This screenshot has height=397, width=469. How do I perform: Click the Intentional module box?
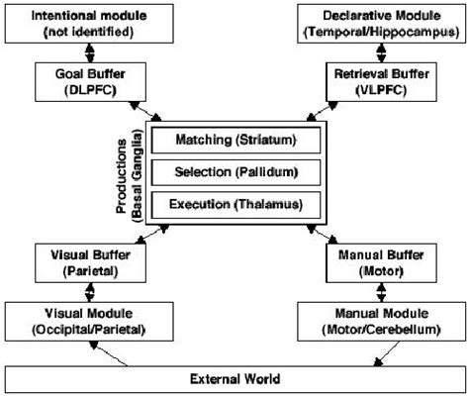click(x=89, y=24)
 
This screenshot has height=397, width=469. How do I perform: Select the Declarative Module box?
click(x=381, y=24)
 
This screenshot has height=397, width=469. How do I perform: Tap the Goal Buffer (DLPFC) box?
click(x=90, y=82)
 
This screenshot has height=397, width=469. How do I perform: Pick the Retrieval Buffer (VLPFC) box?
click(x=381, y=82)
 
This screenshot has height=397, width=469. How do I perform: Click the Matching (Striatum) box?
click(x=235, y=141)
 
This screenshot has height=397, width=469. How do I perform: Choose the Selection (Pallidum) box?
click(x=235, y=172)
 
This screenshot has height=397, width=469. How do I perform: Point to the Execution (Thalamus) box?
click(x=235, y=205)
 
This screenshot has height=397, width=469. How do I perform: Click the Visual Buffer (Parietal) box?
click(x=90, y=263)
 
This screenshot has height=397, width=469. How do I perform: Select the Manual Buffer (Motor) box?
click(x=381, y=263)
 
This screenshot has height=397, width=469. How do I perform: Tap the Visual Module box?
click(x=89, y=322)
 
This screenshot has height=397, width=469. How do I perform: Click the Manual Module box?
click(x=381, y=322)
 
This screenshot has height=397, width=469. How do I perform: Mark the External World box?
click(x=235, y=379)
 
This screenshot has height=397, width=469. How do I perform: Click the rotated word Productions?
click(x=122, y=176)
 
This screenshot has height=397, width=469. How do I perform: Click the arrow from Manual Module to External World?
click(x=387, y=353)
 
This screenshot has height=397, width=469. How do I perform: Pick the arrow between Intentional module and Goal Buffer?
click(x=90, y=52)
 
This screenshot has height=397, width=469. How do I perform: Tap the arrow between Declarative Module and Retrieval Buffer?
click(x=381, y=52)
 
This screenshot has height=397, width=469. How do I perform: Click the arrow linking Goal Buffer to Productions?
click(x=145, y=112)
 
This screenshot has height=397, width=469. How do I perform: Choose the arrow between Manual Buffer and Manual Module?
click(x=381, y=292)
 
